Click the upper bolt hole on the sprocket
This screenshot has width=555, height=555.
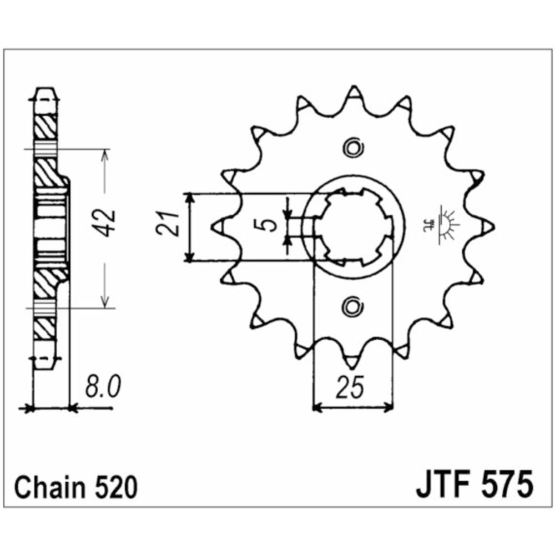(353, 148)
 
